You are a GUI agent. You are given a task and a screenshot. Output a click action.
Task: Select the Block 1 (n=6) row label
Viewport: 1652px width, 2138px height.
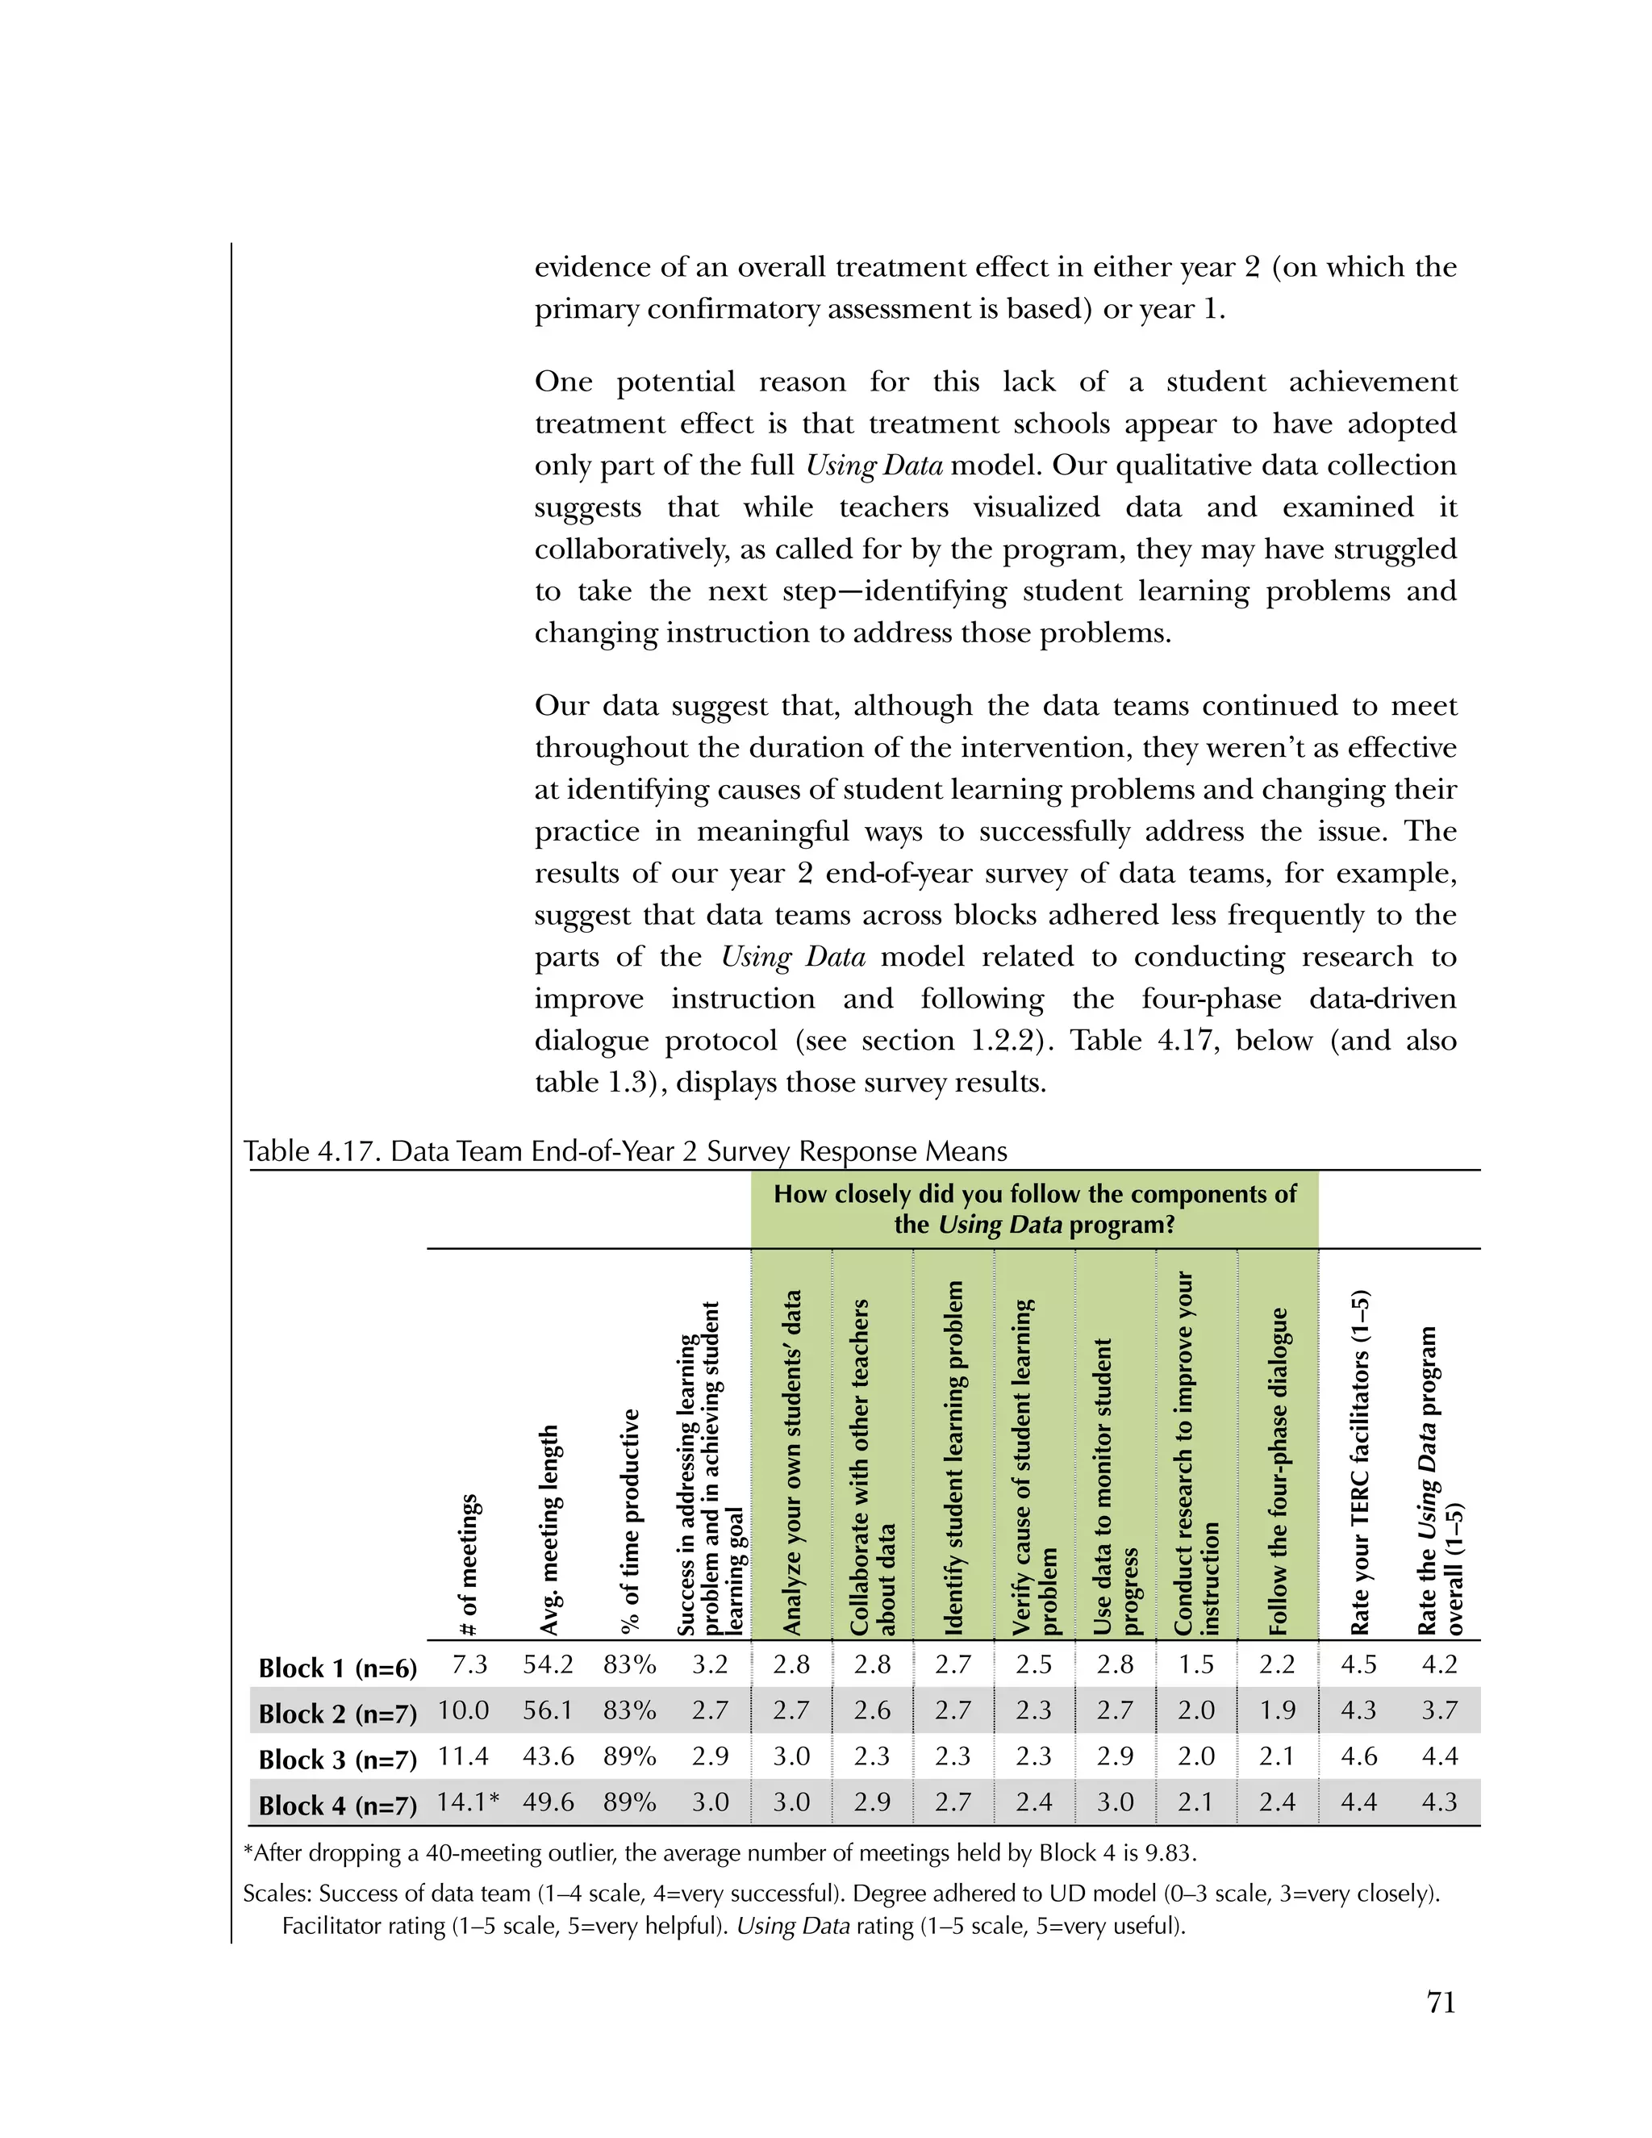point(338,1668)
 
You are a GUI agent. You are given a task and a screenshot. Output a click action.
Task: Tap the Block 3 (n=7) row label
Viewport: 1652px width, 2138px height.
point(338,1759)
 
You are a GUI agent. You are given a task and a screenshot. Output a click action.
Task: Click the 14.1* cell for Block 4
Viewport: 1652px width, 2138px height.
point(468,1802)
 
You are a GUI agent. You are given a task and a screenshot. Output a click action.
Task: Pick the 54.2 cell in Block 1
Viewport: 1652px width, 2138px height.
point(548,1665)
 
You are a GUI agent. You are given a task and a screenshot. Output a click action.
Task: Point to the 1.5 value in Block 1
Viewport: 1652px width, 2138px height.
point(1196,1665)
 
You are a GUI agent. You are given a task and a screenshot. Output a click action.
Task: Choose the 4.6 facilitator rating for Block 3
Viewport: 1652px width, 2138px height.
point(1358,1756)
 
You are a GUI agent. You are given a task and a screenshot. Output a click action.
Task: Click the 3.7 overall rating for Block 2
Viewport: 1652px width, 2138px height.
point(1440,1710)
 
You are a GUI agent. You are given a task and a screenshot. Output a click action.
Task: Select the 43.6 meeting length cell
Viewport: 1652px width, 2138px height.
point(548,1756)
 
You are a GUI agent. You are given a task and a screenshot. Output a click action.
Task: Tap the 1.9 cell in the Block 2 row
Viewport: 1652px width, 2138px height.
point(1277,1710)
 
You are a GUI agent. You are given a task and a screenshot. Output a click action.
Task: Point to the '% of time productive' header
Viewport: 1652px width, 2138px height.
point(632,1522)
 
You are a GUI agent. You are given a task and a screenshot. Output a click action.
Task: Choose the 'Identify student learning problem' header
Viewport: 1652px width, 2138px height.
point(953,1459)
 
